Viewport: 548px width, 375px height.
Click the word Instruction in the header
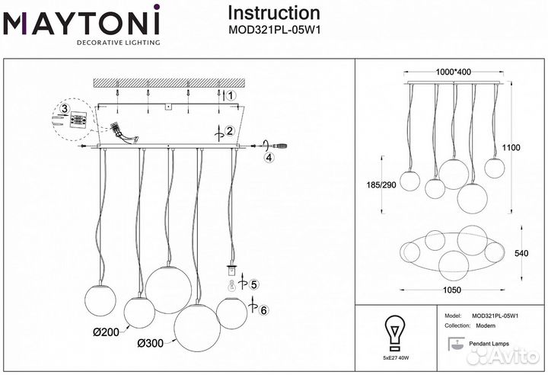tap(274, 13)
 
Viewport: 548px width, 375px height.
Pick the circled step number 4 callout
tap(268, 158)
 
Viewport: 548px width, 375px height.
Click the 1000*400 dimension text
tap(455, 72)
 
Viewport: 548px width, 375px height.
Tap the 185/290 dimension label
tap(382, 184)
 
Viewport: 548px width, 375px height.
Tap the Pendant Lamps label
tap(489, 345)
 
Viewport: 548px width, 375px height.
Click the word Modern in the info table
tap(483, 325)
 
